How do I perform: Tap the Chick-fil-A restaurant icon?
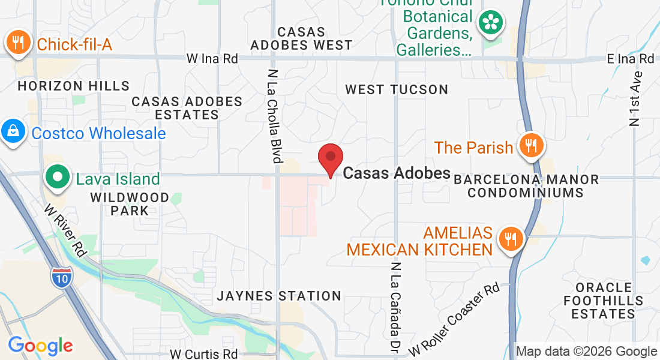click(x=18, y=43)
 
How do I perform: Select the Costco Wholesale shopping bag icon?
click(x=13, y=132)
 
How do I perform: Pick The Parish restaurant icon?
click(x=530, y=146)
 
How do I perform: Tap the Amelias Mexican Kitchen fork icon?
click(x=511, y=239)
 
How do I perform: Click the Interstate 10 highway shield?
click(x=66, y=278)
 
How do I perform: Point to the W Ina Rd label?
click(x=212, y=59)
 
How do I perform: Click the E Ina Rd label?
click(x=630, y=59)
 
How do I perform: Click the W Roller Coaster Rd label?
click(x=454, y=319)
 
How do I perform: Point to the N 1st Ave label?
click(x=636, y=98)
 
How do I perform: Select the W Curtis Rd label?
click(x=204, y=354)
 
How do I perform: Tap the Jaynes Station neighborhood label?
click(x=279, y=296)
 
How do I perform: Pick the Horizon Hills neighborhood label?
click(x=73, y=86)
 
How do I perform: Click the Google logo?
click(x=40, y=346)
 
